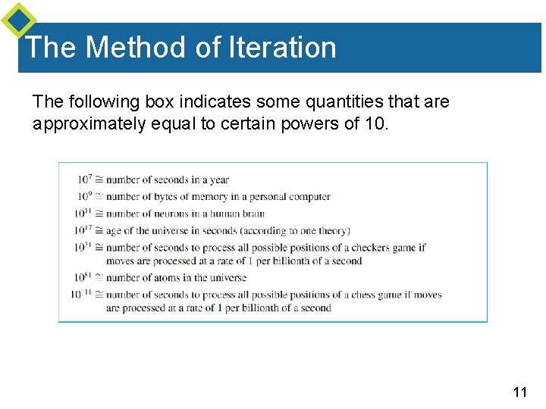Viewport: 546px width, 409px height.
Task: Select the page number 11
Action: [519, 392]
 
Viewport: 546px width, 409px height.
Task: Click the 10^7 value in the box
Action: [84, 180]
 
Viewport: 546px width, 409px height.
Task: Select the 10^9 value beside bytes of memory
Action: [84, 196]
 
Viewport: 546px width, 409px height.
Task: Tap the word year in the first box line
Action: [218, 180]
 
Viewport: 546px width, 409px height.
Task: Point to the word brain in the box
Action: [252, 214]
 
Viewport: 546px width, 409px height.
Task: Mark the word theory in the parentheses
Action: [331, 230]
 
